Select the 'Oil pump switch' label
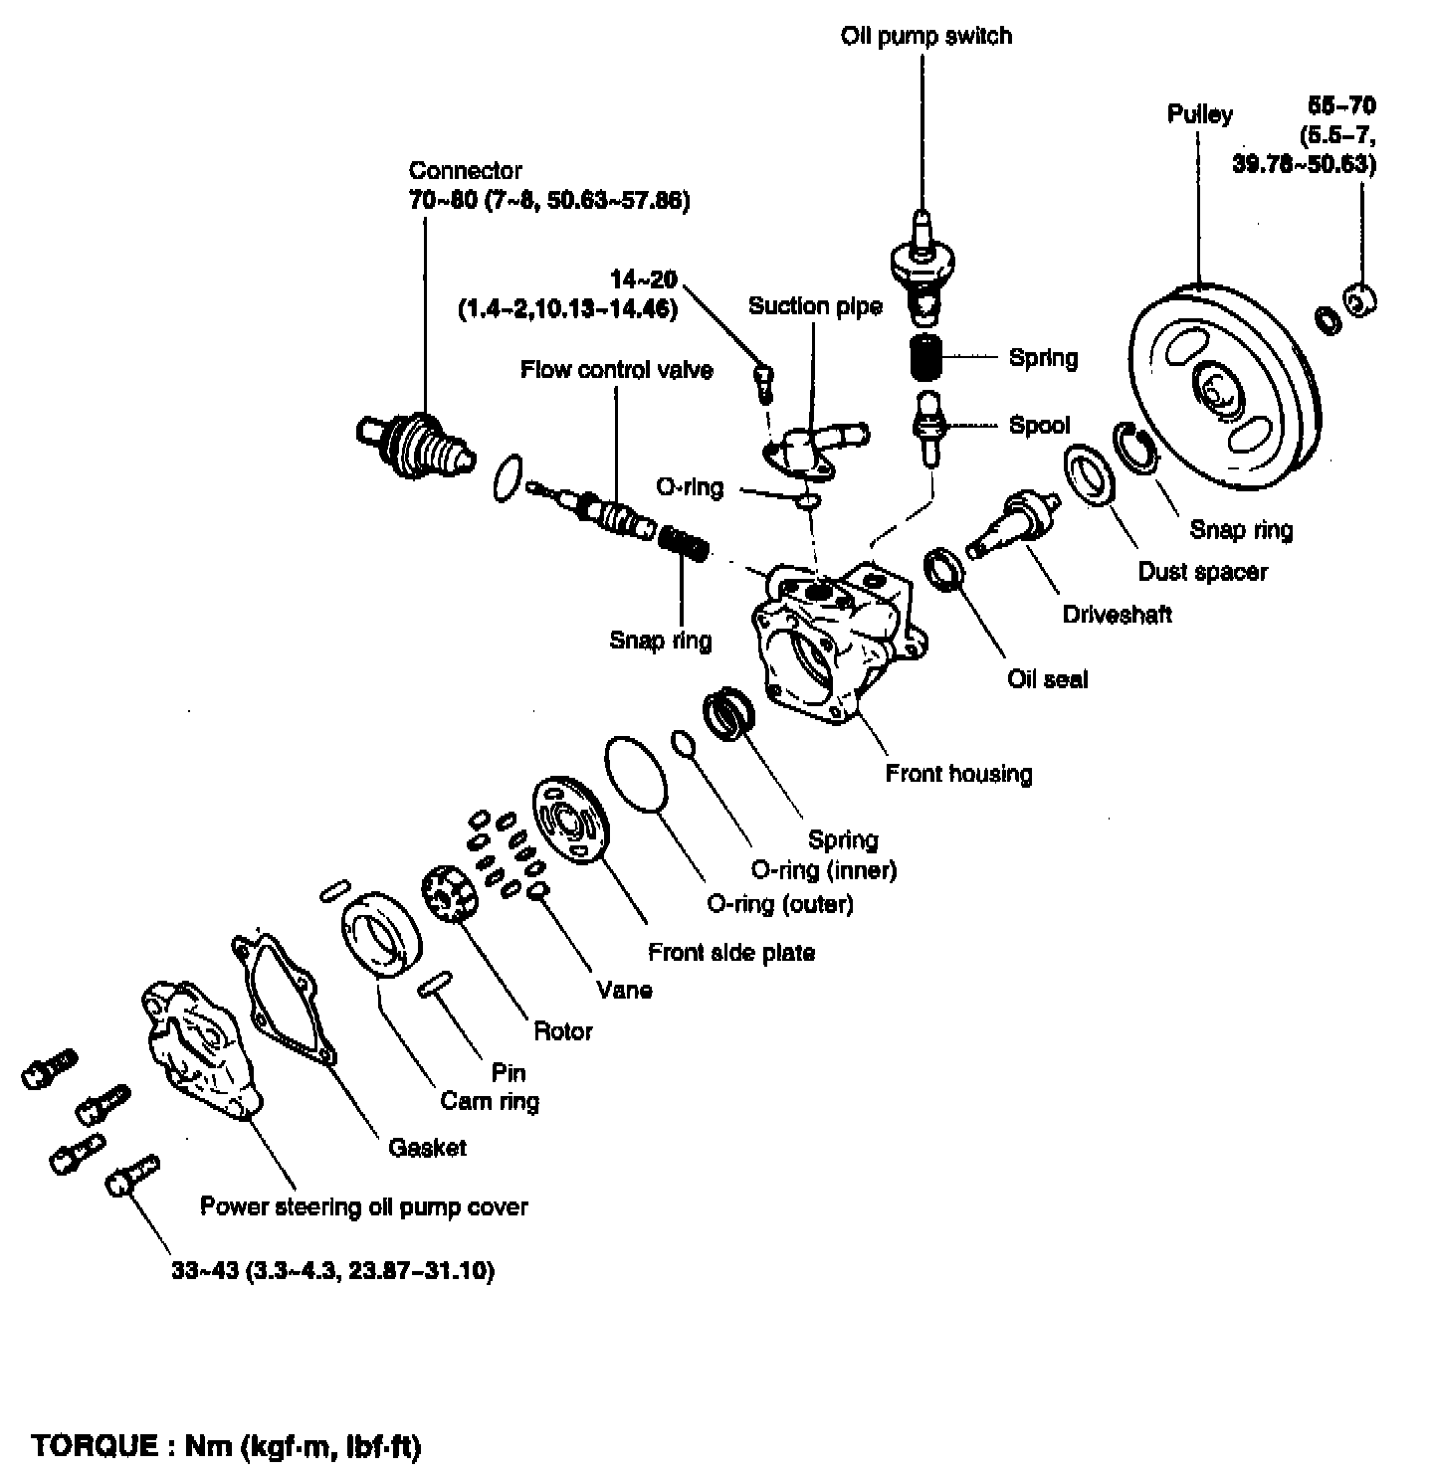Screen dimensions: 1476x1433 [925, 37]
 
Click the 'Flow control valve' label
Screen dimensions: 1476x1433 [616, 371]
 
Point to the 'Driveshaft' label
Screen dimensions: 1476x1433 [1117, 615]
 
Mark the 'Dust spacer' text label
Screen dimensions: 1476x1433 [1202, 572]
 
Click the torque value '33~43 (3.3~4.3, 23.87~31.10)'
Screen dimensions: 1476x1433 [332, 1271]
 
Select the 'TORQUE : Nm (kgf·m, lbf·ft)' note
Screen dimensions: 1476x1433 [227, 1446]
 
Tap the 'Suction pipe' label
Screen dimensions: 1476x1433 [815, 306]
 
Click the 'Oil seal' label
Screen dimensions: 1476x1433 [1047, 679]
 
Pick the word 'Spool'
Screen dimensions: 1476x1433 [1039, 426]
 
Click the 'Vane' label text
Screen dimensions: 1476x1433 [624, 990]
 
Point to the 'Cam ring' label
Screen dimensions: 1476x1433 [490, 1101]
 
